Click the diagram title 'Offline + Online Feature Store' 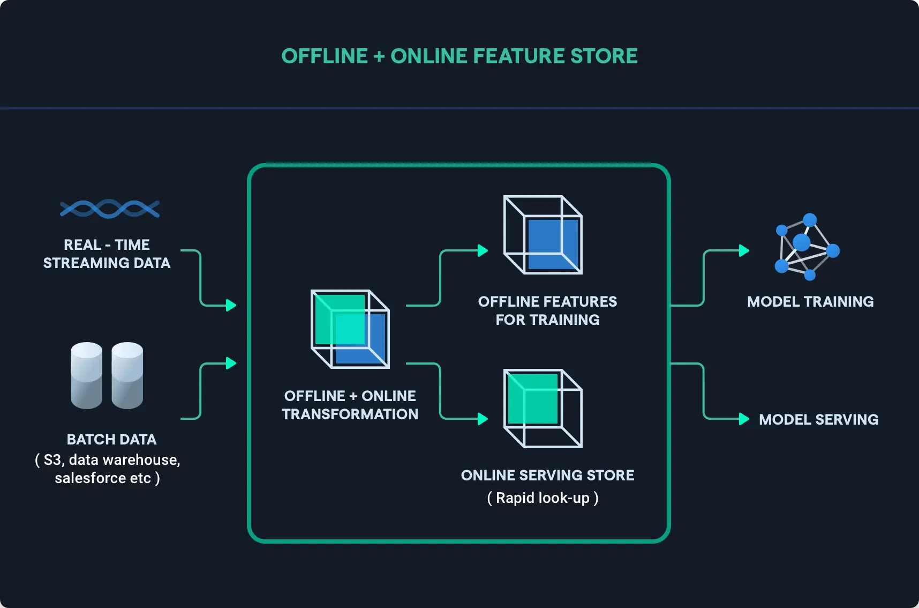pyautogui.click(x=460, y=56)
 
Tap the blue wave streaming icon pyautogui.click(x=110, y=209)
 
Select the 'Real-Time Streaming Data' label pyautogui.click(x=107, y=254)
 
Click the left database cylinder pyautogui.click(x=86, y=375)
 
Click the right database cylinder pyautogui.click(x=127, y=375)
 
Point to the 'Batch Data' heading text pyautogui.click(x=111, y=439)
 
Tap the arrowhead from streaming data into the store pyautogui.click(x=231, y=305)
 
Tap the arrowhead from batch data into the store pyautogui.click(x=231, y=363)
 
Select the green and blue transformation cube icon pyautogui.click(x=350, y=329)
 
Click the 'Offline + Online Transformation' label pyautogui.click(x=350, y=405)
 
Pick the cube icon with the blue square pyautogui.click(x=543, y=235)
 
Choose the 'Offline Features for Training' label pyautogui.click(x=547, y=310)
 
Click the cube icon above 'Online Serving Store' pyautogui.click(x=543, y=408)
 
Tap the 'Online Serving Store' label pyautogui.click(x=547, y=475)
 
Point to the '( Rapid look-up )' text pyautogui.click(x=543, y=498)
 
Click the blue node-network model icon pyautogui.click(x=807, y=247)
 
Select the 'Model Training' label pyautogui.click(x=810, y=301)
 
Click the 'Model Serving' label pyautogui.click(x=818, y=419)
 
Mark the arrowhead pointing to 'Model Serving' pyautogui.click(x=744, y=419)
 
